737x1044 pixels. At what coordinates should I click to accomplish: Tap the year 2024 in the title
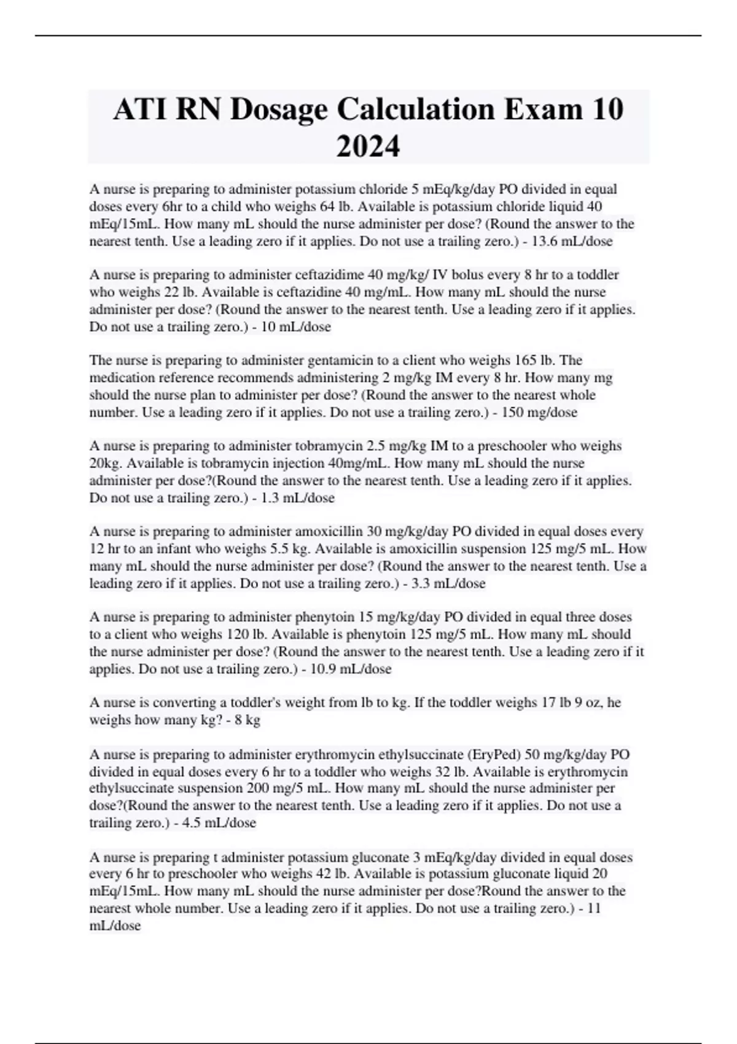pyautogui.click(x=368, y=146)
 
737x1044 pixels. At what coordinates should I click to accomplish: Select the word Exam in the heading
pyautogui.click(x=544, y=109)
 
